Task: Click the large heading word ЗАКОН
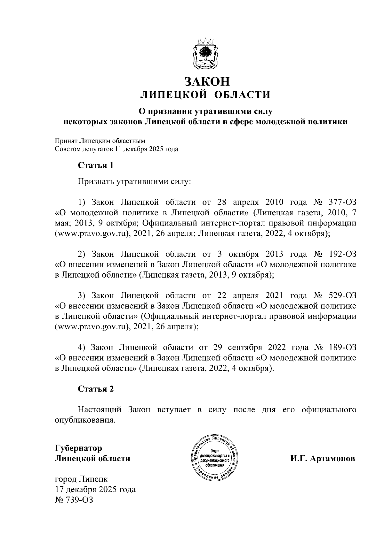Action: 206,81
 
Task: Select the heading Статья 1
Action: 96,165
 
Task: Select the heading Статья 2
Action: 96,389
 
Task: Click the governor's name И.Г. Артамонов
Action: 323,459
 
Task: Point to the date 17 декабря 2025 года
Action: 95,489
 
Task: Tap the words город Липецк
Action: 81,479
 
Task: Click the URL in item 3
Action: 92,327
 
